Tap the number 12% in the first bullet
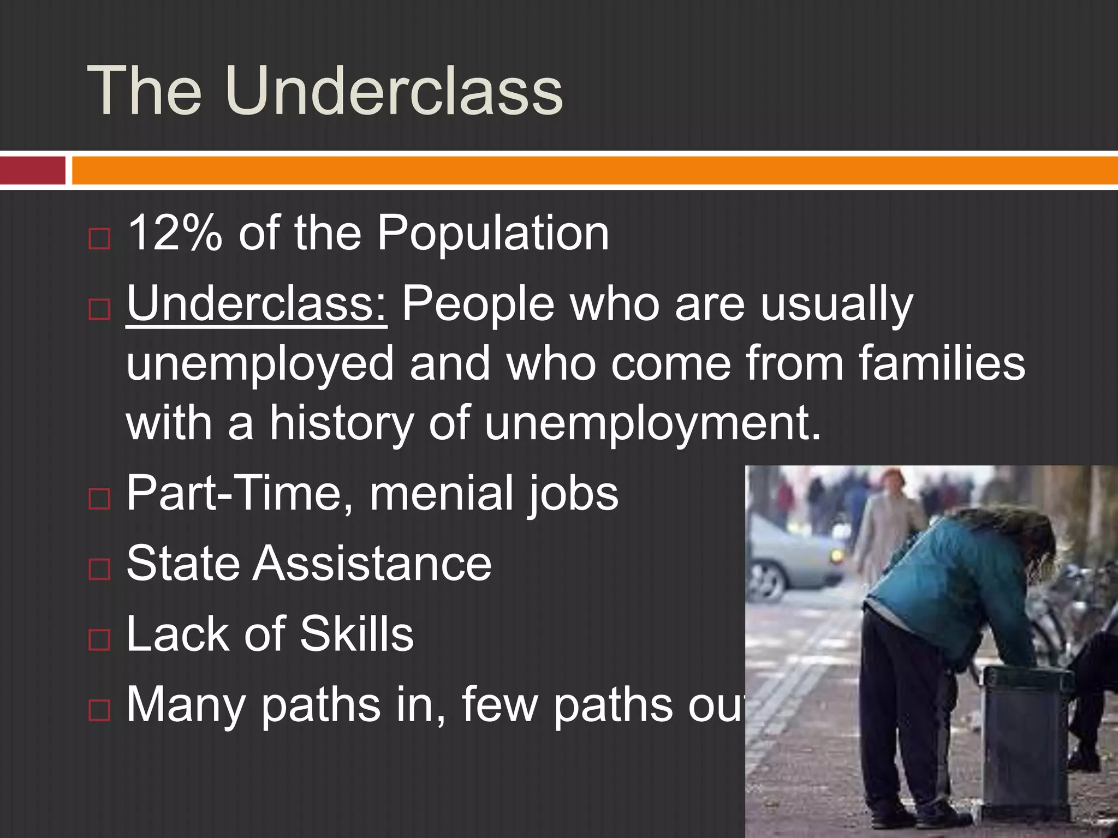point(175,234)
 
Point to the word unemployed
point(260,364)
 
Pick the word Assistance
point(371,563)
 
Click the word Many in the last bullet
point(186,705)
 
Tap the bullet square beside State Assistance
point(99,570)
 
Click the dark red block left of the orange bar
point(32,170)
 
